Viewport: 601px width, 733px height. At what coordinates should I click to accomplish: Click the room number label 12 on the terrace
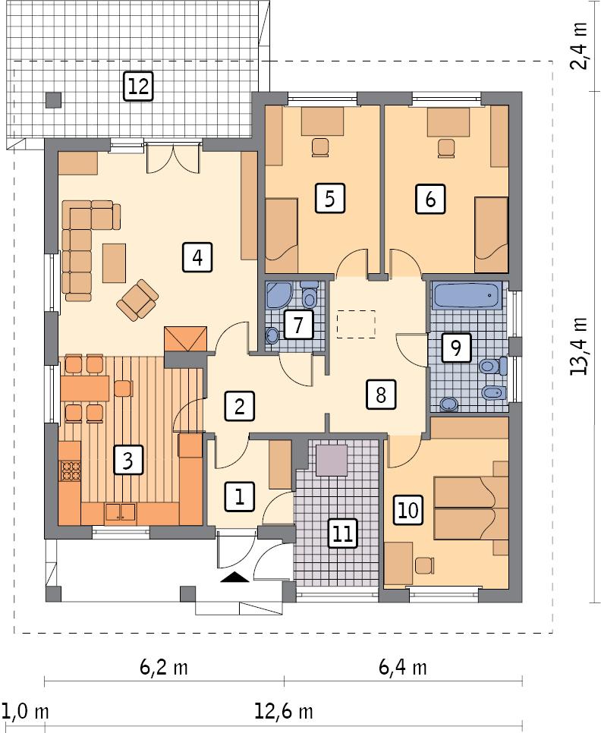(137, 87)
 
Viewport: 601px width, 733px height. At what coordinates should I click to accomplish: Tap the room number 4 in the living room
(197, 258)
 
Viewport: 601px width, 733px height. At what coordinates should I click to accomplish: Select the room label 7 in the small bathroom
(298, 326)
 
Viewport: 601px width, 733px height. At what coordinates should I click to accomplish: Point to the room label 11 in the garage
(342, 533)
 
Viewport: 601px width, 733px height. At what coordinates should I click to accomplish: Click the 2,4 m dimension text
(581, 46)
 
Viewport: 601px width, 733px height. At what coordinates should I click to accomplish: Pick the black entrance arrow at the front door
(235, 577)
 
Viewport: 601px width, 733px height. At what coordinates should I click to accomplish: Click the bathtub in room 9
(466, 296)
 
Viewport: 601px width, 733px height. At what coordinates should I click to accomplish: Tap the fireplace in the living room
(186, 338)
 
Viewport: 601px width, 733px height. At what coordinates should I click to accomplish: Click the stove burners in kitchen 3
(71, 471)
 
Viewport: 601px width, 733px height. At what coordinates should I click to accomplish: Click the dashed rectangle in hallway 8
(357, 324)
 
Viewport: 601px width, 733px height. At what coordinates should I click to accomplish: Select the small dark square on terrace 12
(52, 99)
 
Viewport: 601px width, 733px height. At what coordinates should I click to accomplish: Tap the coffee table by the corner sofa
(115, 261)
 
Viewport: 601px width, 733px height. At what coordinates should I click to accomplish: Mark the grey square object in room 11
(332, 460)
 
